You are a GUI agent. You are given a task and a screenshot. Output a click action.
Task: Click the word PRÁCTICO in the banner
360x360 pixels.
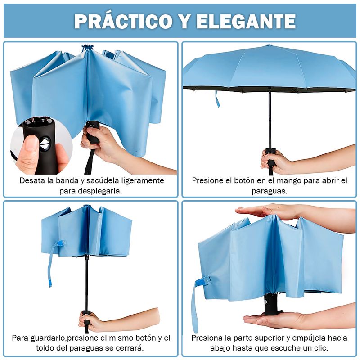(123, 21)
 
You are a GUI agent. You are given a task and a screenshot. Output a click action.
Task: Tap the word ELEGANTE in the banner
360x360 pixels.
(245, 21)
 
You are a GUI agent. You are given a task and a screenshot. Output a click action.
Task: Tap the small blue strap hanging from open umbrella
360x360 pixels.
(217, 99)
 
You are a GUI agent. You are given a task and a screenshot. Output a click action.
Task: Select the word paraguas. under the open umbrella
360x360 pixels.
(270, 191)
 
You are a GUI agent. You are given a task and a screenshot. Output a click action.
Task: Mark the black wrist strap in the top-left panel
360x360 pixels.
(90, 162)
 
